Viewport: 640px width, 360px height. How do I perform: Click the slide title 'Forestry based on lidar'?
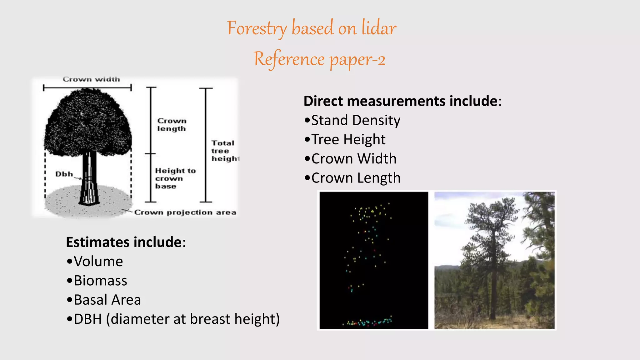(x=312, y=28)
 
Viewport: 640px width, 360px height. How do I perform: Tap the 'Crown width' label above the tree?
(x=91, y=79)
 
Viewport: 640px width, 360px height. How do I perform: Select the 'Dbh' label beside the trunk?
(x=64, y=174)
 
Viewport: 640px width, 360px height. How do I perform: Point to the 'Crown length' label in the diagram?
(x=172, y=125)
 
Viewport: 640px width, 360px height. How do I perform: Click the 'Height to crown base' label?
(x=175, y=178)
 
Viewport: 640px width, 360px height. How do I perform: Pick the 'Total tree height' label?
(x=224, y=151)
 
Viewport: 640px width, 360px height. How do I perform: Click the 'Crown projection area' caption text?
(x=185, y=212)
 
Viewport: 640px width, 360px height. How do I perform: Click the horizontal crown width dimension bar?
(x=87, y=88)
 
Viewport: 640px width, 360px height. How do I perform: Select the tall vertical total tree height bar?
(x=206, y=145)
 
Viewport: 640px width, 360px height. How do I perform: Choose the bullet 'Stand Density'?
(x=352, y=120)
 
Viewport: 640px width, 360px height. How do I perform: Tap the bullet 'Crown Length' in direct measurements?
(x=352, y=178)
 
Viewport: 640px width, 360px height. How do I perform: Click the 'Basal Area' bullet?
(x=104, y=300)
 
